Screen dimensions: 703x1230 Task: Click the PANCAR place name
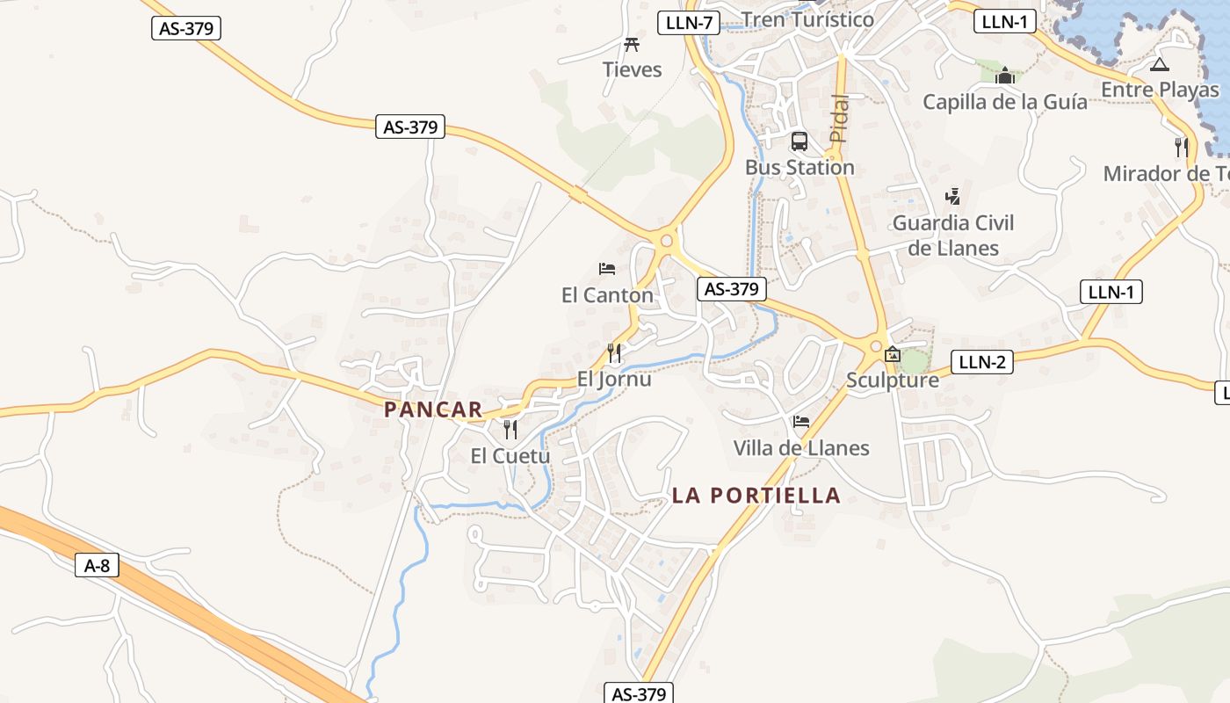point(433,409)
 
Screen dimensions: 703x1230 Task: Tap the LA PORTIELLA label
point(756,496)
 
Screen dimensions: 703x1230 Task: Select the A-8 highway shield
point(97,565)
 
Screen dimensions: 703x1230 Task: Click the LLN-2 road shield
point(981,361)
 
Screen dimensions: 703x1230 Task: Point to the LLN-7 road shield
point(689,23)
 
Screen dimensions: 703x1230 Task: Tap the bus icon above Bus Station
point(799,141)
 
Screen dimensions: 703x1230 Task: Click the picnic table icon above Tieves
point(631,45)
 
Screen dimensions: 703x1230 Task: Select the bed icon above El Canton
point(606,269)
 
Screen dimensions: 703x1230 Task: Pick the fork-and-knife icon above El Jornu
point(614,353)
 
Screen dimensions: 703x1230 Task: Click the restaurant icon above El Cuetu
point(510,430)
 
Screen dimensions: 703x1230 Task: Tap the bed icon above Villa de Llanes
point(800,423)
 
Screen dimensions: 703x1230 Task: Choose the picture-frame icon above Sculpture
point(893,355)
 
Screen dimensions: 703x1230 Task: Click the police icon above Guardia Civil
point(952,197)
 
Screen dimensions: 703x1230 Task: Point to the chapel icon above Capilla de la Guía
point(1005,76)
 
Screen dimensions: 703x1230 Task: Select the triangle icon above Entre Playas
point(1160,64)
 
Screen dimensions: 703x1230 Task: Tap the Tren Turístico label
point(807,19)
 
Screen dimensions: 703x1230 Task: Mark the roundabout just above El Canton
point(667,239)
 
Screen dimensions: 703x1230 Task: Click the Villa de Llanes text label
point(801,448)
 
